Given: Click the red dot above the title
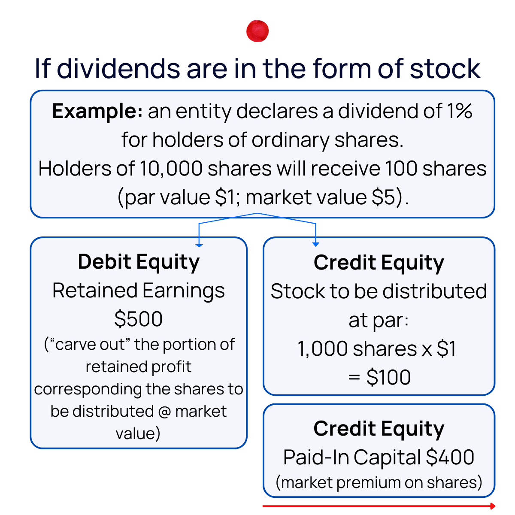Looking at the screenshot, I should pyautogui.click(x=257, y=31).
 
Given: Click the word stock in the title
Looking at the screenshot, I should pyautogui.click(x=445, y=69).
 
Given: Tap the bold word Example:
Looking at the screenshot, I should pyautogui.click(x=97, y=112).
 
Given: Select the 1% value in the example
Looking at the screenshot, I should pyautogui.click(x=459, y=112).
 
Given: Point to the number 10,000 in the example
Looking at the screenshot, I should pyautogui.click(x=171, y=169).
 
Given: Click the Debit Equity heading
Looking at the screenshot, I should pyautogui.click(x=139, y=262).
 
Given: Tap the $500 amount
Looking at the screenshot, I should pyautogui.click(x=139, y=319).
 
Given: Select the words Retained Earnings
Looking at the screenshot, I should pyautogui.click(x=139, y=291).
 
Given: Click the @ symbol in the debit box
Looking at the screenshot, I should pyautogui.click(x=165, y=412).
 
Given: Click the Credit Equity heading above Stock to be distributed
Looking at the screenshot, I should pyautogui.click(x=379, y=263).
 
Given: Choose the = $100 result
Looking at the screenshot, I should pyautogui.click(x=379, y=377).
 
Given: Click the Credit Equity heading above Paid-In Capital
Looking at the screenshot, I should pyautogui.click(x=379, y=429).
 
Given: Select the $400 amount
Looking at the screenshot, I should pyautogui.click(x=450, y=457).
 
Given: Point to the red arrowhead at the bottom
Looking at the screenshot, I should pyautogui.click(x=493, y=506).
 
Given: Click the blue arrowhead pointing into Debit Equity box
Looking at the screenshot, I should pyautogui.click(x=199, y=245).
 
